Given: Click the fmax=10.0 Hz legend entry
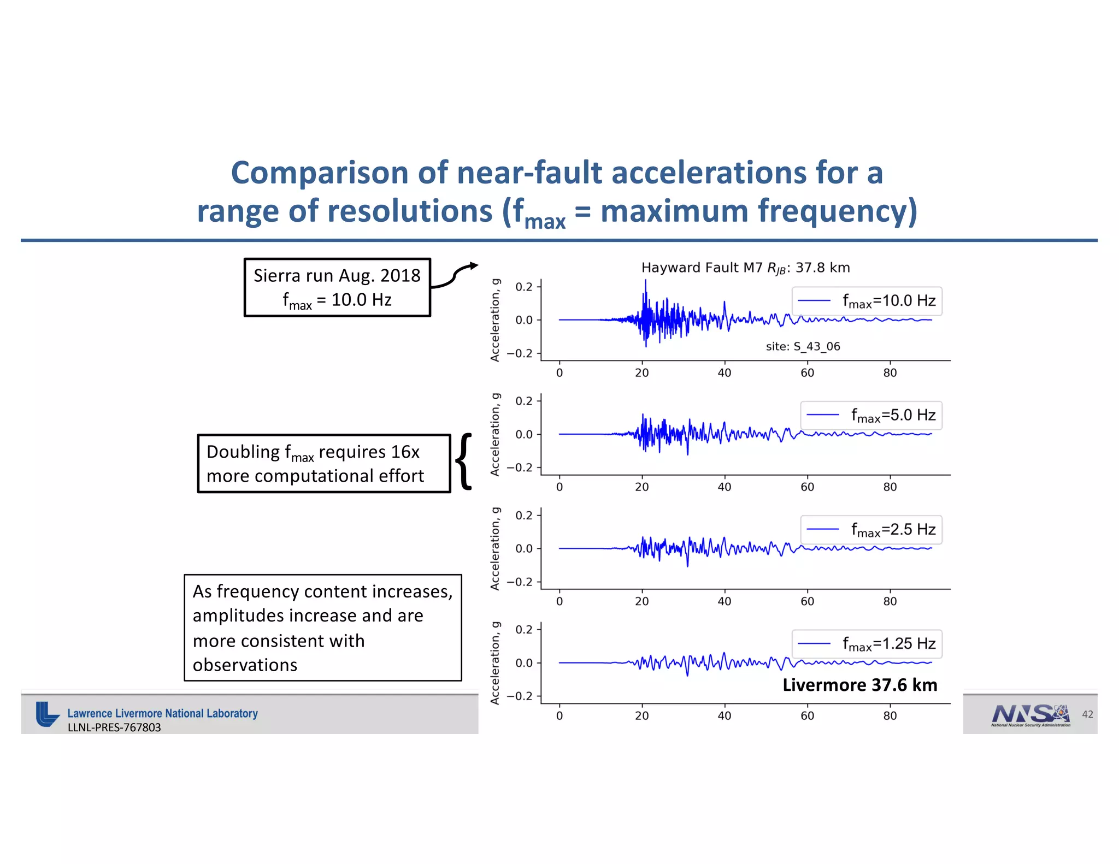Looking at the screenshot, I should (x=867, y=301).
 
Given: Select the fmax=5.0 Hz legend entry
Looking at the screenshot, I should (x=871, y=415).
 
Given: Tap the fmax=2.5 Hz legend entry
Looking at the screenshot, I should (x=871, y=529).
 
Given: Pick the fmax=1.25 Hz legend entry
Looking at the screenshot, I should (x=867, y=644).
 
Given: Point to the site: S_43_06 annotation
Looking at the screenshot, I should (x=803, y=346).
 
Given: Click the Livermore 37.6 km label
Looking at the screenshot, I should (x=859, y=685).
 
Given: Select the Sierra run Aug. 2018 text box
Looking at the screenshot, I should (x=337, y=287).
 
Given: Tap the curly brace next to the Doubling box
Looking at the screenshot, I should (x=464, y=461).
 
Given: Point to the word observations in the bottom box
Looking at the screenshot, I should (x=245, y=665).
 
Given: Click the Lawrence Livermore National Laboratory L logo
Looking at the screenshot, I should (x=47, y=714).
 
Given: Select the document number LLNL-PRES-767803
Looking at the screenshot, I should (x=114, y=727).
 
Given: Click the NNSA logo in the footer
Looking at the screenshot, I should (x=1030, y=715).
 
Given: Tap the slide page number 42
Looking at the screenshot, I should (x=1087, y=714).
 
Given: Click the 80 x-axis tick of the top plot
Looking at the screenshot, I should (x=890, y=373).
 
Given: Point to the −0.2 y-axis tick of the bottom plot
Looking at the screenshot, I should (x=519, y=696).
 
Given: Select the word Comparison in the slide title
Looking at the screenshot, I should (x=320, y=173).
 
